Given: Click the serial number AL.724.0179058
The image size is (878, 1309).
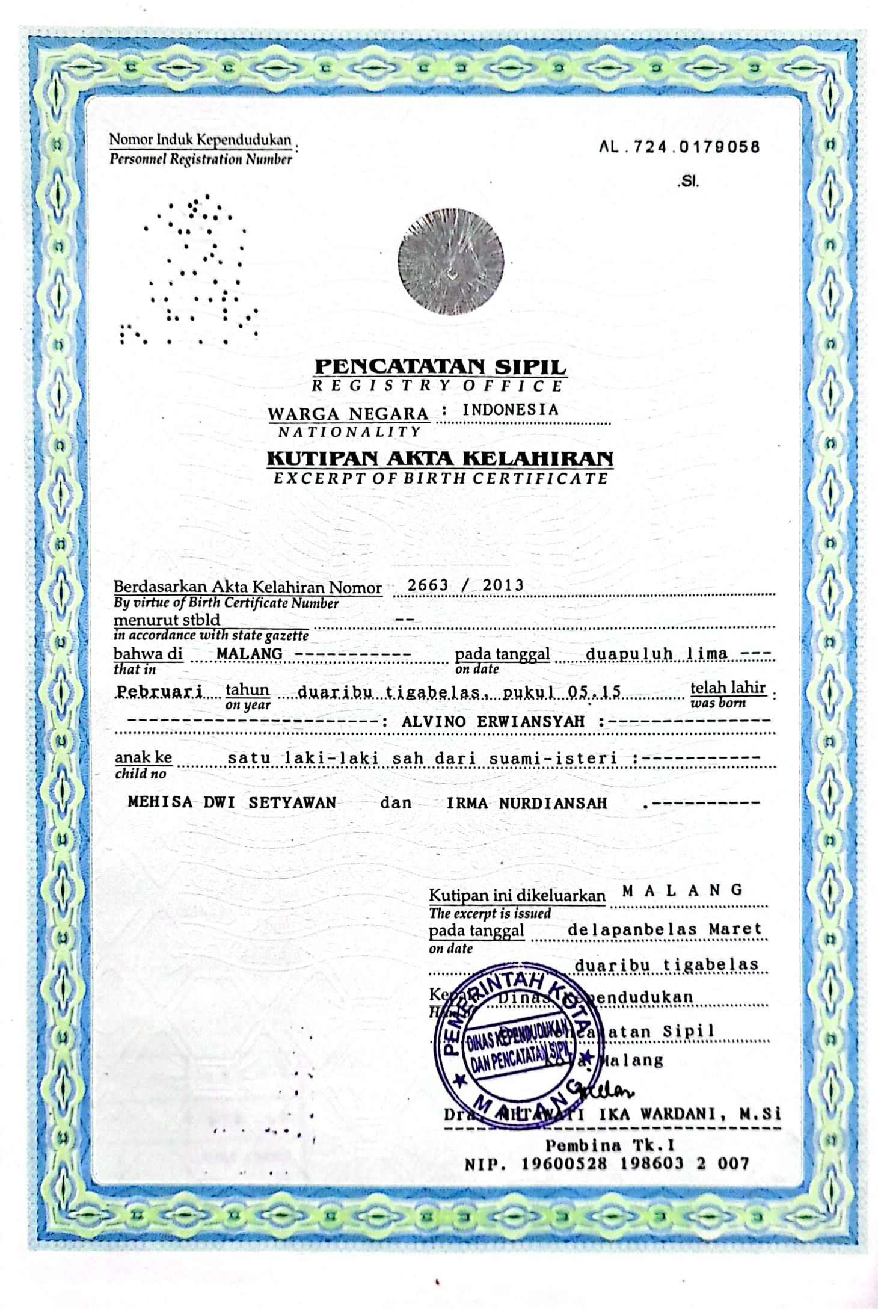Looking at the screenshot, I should coord(680,147).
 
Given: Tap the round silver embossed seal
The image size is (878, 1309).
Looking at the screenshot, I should coord(450,262).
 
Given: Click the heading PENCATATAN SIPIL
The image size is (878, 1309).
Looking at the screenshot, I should coord(440,366).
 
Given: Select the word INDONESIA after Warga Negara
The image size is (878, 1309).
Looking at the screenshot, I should coord(510,410).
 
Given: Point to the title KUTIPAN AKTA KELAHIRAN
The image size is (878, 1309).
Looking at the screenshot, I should coord(440,458).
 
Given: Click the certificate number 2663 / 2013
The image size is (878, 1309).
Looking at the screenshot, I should coord(465,585).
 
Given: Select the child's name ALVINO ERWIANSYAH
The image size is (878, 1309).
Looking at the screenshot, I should coord(493,722).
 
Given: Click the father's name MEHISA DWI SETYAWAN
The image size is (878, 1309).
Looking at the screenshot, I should coord(232,802).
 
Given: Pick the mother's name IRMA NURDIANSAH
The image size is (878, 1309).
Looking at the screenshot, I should coord(527,802).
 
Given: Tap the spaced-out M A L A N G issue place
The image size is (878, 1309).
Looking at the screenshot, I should coord(683,890).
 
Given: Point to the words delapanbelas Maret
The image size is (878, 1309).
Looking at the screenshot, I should coord(665,929).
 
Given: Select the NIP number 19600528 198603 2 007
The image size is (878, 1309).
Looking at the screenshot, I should coord(634,1163).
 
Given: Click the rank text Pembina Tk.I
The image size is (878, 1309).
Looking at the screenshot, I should coord(610,1144).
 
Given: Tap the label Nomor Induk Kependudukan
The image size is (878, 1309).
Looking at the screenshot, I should coord(200,140).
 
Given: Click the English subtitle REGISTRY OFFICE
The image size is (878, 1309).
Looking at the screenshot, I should coord(437,386).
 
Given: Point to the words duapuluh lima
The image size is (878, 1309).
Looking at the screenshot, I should coord(656,654).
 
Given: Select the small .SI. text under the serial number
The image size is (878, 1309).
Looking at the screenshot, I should coord(689,181).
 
